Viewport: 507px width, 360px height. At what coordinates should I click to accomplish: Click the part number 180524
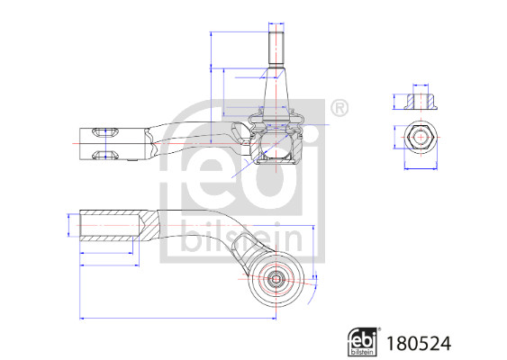[x=419, y=344]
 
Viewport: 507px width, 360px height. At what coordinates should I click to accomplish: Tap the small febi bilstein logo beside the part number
[x=363, y=342]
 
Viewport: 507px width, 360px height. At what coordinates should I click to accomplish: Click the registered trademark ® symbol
[x=340, y=108]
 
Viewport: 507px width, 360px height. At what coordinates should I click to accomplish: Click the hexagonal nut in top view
[x=421, y=138]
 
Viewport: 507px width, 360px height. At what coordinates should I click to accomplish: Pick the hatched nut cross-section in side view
[x=421, y=102]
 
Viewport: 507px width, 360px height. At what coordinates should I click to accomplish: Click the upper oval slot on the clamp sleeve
[x=105, y=132]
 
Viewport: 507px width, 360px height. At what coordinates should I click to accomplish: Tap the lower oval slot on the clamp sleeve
[x=105, y=155]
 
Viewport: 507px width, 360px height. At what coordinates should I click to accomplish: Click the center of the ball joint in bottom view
[x=276, y=279]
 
